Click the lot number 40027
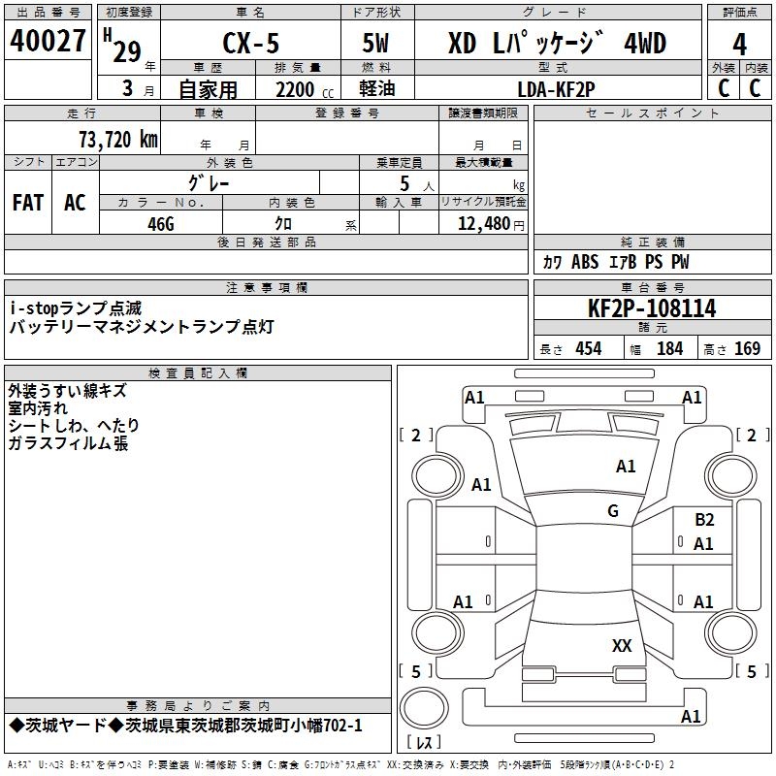pos(48,42)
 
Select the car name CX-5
pos(249,45)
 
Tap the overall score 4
pos(739,44)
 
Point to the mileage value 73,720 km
pos(116,139)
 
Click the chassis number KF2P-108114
pos(652,309)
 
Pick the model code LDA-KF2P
pos(557,88)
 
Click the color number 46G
pos(161,222)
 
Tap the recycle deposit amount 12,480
pos(483,223)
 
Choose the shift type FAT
pos(27,202)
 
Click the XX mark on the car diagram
pos(622,646)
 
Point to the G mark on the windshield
pos(613,511)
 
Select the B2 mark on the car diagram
pos(704,520)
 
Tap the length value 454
pos(588,349)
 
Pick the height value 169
pos(747,349)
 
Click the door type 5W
pos(376,45)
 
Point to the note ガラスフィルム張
pos(68,444)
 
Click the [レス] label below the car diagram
pos(424,744)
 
